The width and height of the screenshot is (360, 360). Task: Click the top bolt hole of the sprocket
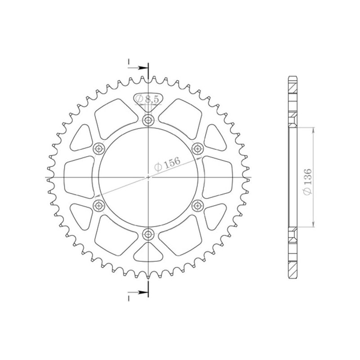tap(148, 120)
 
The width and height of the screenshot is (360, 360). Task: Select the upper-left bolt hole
tap(99, 148)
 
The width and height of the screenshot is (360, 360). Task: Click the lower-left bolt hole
tap(99, 206)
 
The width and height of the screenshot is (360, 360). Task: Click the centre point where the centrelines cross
tap(148, 177)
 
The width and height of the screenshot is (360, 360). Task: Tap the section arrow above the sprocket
tap(141, 67)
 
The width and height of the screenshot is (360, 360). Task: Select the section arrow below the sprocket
tap(141, 292)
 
